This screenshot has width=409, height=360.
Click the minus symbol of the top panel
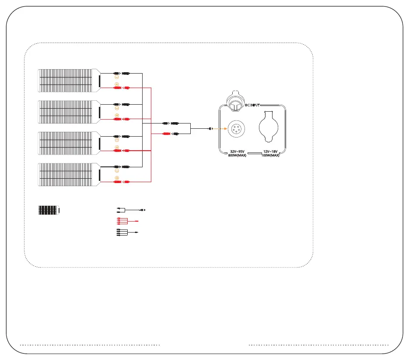tap(117, 77)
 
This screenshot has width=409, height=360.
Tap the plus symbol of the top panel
tap(117, 84)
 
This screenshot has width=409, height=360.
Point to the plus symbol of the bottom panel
tap(117, 177)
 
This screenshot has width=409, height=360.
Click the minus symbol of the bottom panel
tap(117, 171)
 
